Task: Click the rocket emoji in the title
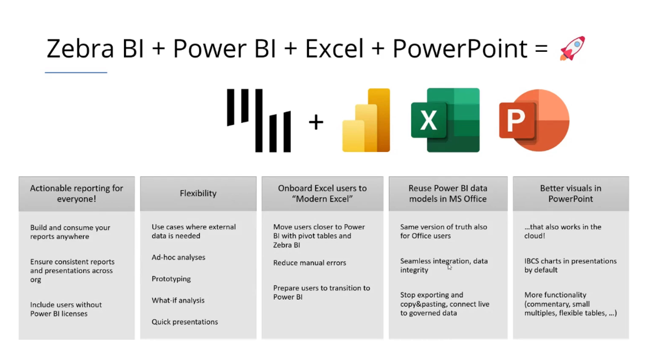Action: (572, 48)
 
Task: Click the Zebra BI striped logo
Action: (258, 121)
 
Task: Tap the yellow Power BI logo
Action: (366, 120)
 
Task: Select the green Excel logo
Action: (445, 120)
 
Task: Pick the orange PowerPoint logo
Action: (534, 120)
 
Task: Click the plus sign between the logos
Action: (316, 122)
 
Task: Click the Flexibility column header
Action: (198, 194)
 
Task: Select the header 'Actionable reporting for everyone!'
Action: (76, 194)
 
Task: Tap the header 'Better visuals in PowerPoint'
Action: (570, 194)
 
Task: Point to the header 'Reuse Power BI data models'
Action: (447, 194)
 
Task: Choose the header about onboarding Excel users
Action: (322, 194)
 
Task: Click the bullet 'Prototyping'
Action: (171, 279)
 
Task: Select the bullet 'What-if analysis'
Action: (178, 300)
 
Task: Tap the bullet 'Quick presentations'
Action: (185, 322)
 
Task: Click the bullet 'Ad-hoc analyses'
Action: (178, 257)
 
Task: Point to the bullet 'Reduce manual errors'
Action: (309, 263)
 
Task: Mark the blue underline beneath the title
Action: (76, 72)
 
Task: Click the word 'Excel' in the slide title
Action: (334, 49)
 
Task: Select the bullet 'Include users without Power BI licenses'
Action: (66, 309)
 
